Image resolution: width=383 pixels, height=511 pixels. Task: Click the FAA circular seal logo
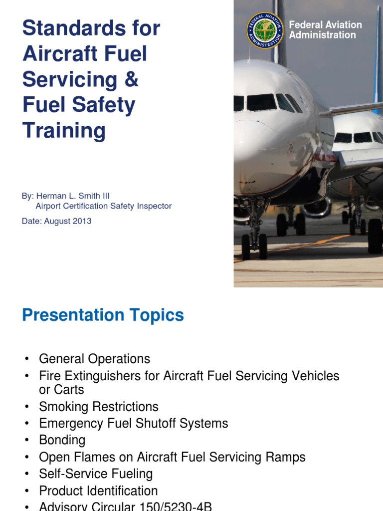(x=265, y=30)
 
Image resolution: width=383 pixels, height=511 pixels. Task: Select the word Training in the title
(x=64, y=131)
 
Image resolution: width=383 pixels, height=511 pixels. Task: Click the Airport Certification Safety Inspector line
(x=103, y=206)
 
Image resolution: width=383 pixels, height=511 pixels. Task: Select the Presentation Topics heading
(x=103, y=315)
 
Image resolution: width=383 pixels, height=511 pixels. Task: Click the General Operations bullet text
(x=94, y=359)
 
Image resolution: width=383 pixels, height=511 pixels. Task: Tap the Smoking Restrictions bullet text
(x=99, y=407)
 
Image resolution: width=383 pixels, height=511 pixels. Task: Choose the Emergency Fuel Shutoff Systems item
(x=133, y=424)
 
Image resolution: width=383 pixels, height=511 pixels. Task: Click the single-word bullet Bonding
(x=62, y=440)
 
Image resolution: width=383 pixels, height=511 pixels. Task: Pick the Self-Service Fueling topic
(x=96, y=474)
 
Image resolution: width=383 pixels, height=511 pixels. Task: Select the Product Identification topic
(x=98, y=491)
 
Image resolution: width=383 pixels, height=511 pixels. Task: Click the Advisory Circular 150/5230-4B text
(x=125, y=506)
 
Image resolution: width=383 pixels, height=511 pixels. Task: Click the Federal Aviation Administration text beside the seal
(x=325, y=30)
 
